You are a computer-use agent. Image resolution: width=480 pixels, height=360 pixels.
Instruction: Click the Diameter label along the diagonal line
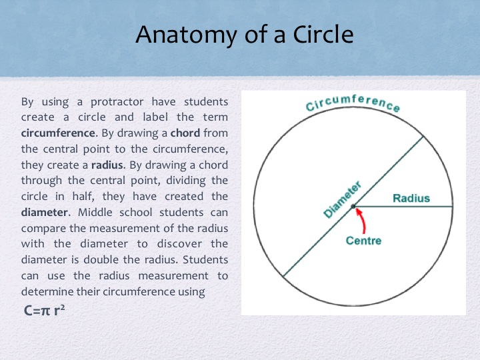(342, 199)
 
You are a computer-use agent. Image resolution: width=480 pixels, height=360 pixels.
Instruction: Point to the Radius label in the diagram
(411, 198)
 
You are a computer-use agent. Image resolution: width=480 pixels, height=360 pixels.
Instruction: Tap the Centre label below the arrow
(363, 240)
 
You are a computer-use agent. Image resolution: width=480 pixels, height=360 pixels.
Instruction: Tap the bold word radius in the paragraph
(101, 165)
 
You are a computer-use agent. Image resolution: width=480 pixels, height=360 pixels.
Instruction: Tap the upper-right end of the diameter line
(423, 137)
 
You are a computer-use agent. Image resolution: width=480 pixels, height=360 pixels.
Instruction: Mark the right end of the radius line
(453, 207)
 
